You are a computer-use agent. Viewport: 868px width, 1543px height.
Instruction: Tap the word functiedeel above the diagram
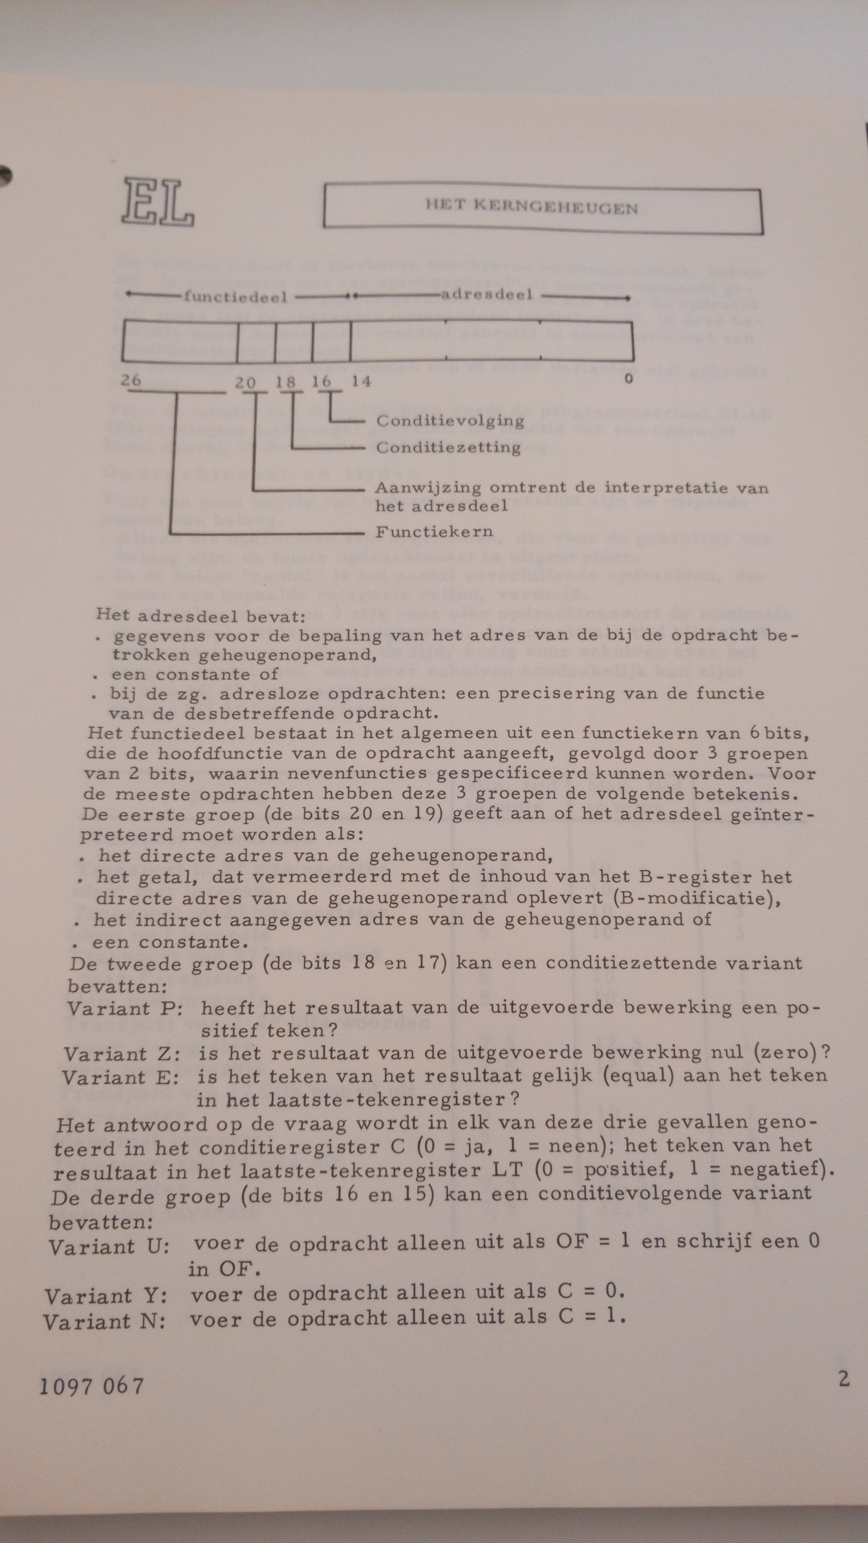(235, 297)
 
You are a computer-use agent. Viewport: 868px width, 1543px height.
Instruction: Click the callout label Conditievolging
(450, 421)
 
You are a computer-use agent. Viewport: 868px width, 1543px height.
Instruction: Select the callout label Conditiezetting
(448, 447)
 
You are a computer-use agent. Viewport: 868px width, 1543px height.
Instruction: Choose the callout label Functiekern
(434, 531)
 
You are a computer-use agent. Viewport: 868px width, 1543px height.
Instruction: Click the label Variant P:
(125, 1009)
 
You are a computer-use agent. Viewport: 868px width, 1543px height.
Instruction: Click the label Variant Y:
(106, 1297)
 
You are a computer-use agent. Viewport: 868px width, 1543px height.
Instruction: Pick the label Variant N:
(104, 1321)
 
